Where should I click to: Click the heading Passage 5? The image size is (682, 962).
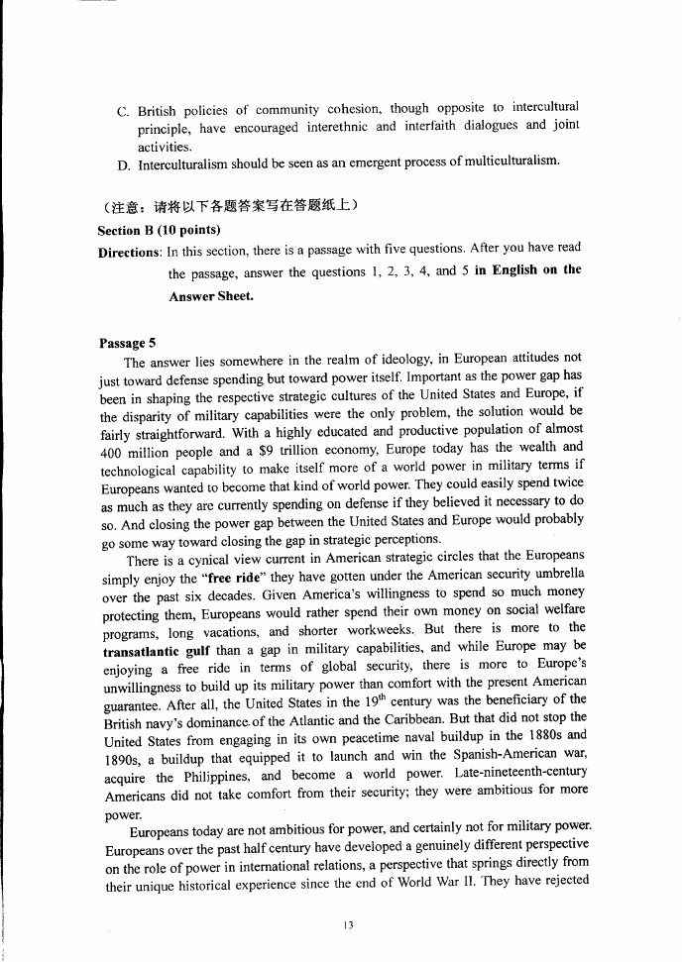(128, 344)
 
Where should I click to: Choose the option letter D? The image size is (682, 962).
(123, 162)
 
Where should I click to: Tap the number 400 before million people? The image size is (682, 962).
(113, 446)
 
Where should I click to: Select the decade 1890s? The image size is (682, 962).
(122, 754)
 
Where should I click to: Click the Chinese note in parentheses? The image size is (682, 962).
(229, 205)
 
